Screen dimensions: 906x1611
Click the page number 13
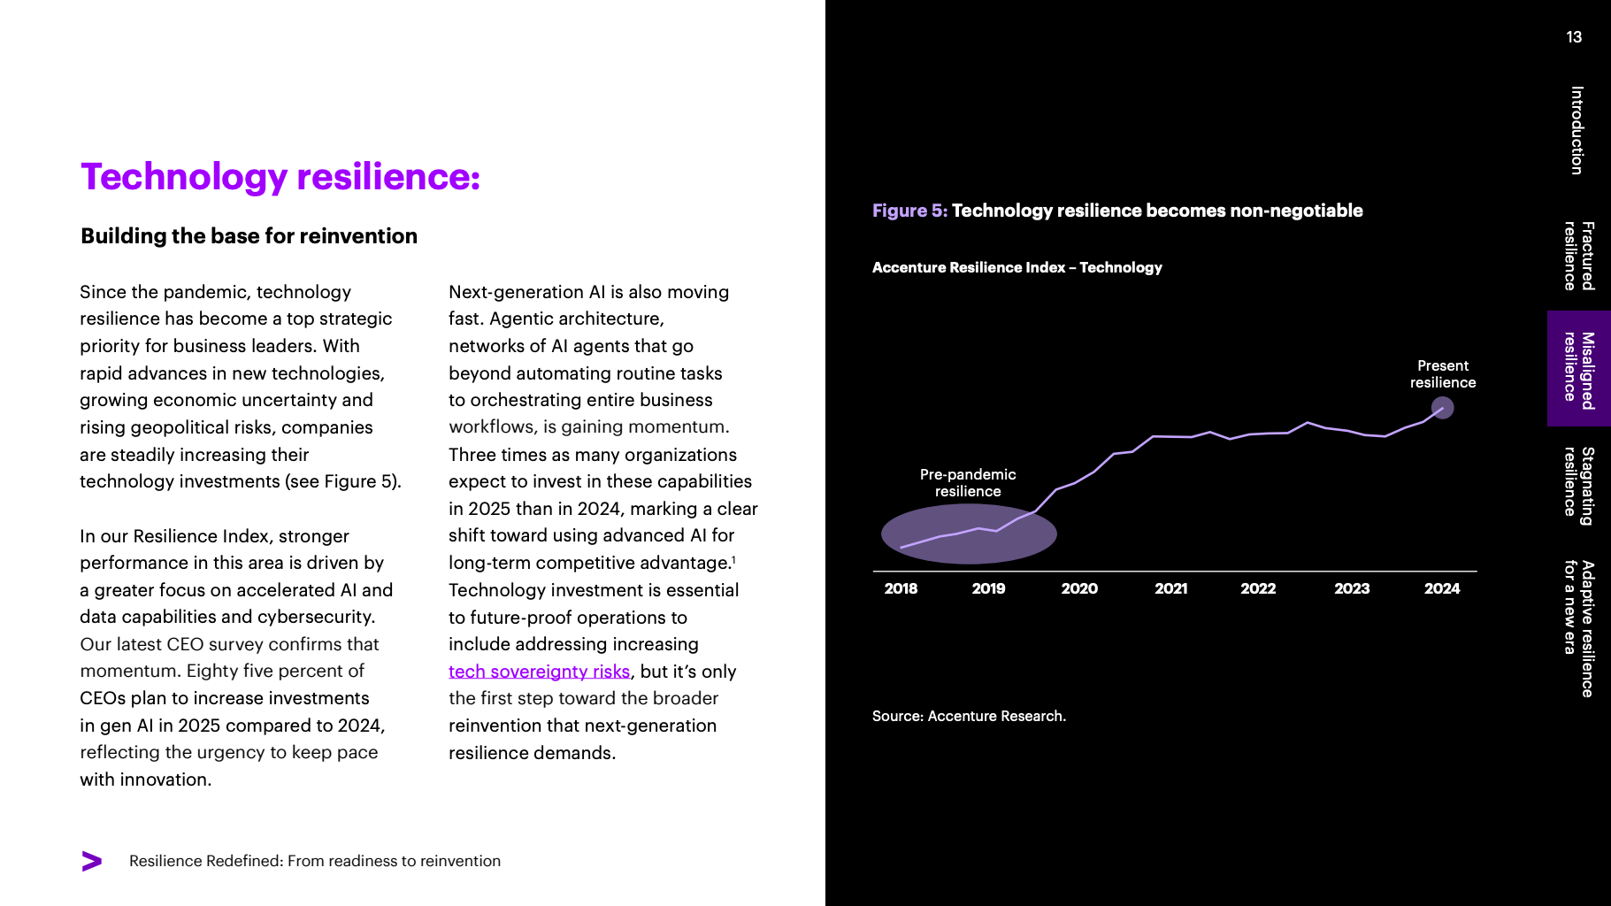1574,37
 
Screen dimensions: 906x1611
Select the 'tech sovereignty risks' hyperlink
539,672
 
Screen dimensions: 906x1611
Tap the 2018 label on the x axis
901,588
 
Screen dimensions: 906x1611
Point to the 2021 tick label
1170,588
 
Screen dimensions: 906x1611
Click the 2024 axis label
1441,588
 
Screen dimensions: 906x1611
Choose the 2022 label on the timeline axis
1257,588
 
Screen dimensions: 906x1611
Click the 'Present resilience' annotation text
1442,374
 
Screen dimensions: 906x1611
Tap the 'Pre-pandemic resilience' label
968,483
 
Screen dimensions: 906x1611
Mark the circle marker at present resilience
1442,408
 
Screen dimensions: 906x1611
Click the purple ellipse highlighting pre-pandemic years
969,534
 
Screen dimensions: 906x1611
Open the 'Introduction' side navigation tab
1576,130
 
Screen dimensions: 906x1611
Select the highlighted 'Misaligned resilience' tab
1578,369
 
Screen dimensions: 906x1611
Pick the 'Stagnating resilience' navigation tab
1578,485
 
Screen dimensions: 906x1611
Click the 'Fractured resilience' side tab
1578,256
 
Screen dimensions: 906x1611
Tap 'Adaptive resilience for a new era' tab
1578,628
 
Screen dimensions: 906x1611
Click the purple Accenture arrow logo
91,861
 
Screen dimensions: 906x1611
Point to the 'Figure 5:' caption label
909,211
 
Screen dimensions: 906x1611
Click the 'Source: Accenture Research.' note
969,716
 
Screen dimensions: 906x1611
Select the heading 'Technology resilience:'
280,177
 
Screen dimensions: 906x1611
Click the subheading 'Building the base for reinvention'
249,236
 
